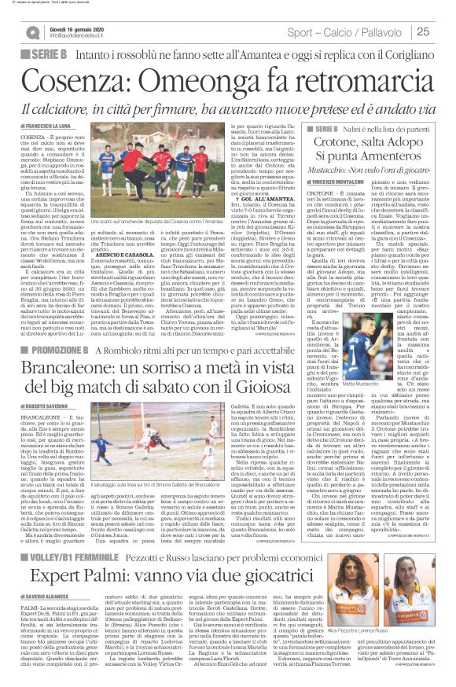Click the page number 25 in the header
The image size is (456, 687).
click(443, 31)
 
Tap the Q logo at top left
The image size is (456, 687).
click(32, 32)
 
